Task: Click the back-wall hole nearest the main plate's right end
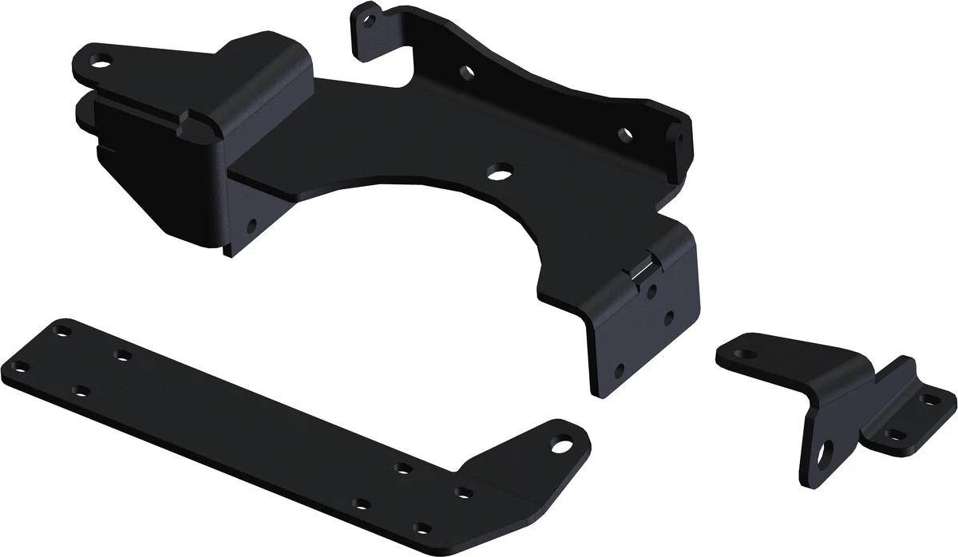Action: pos(625,132)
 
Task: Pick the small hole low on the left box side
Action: pos(252,226)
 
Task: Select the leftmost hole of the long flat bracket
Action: pos(23,366)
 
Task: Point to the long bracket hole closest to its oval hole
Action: pos(461,493)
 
